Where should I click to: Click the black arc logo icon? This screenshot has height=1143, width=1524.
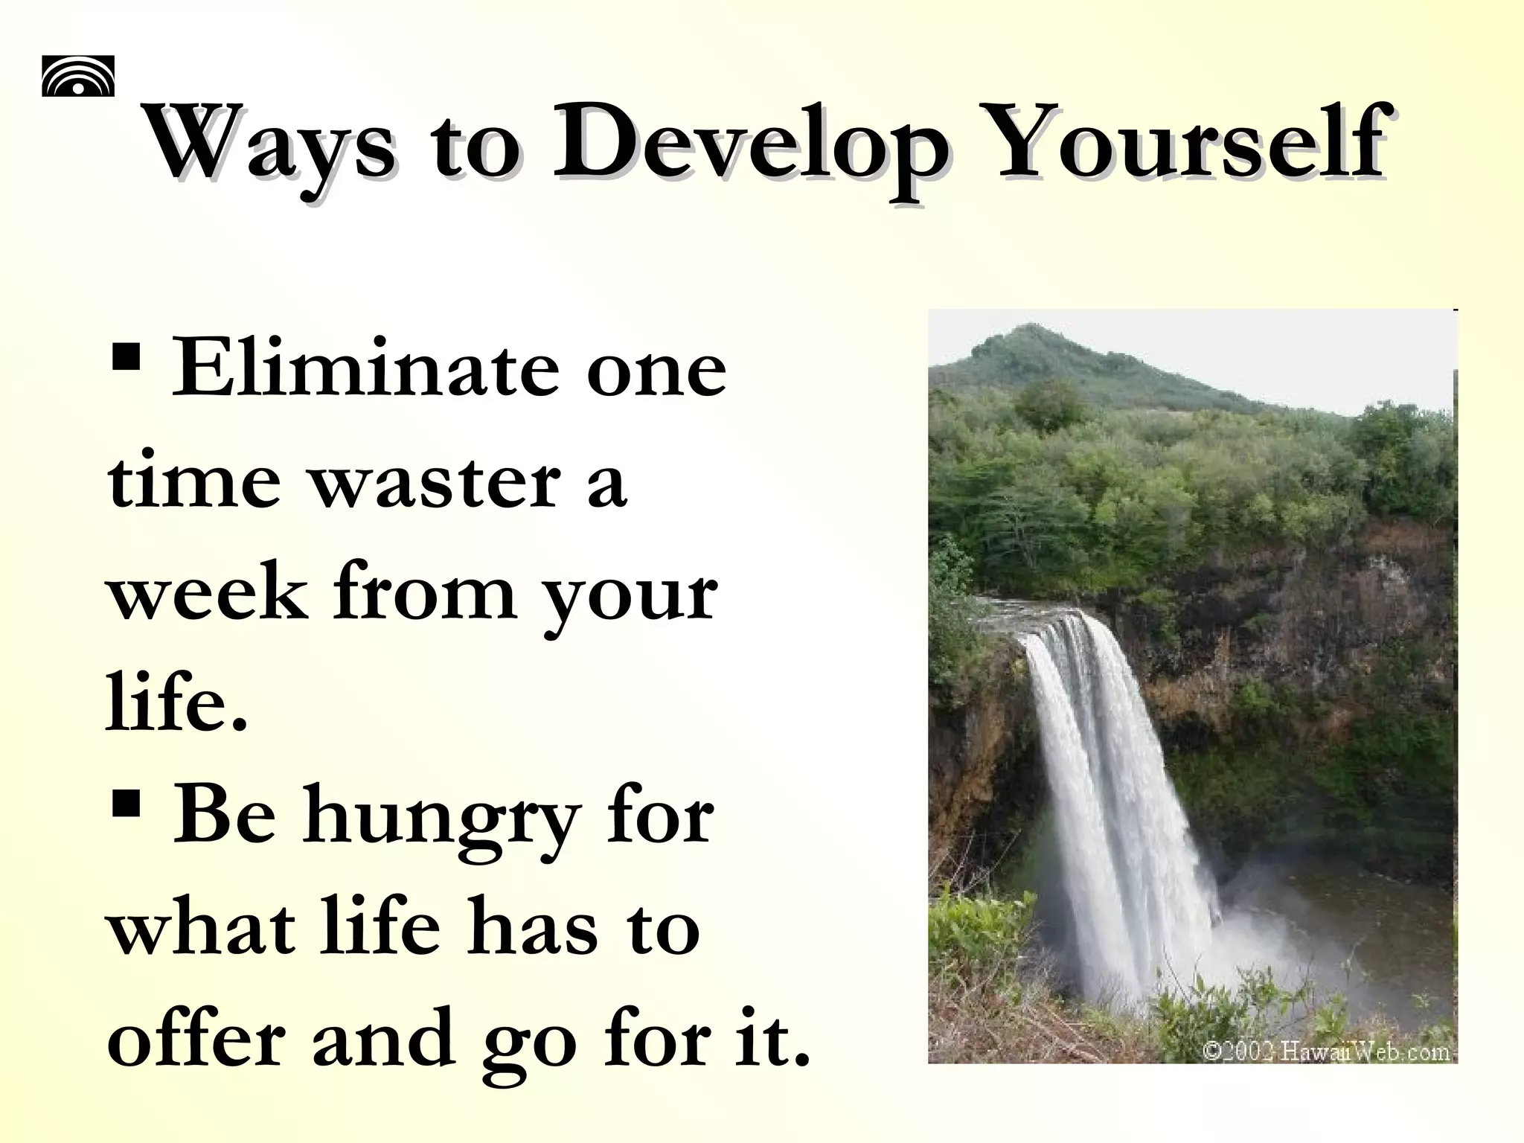click(x=78, y=76)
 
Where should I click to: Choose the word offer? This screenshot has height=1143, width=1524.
click(x=196, y=1039)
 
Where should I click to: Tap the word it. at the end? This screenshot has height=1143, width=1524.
click(x=774, y=1039)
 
